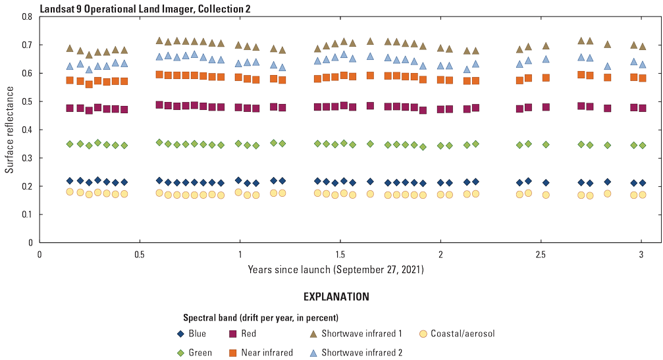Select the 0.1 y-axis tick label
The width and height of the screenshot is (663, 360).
(x=27, y=215)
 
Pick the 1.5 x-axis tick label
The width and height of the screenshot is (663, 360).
(x=340, y=254)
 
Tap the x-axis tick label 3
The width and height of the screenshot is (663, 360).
(x=641, y=254)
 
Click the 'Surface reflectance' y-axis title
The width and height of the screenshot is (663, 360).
(x=9, y=130)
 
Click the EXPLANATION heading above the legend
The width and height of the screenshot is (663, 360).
(x=336, y=297)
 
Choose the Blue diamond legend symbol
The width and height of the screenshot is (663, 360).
(x=180, y=334)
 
